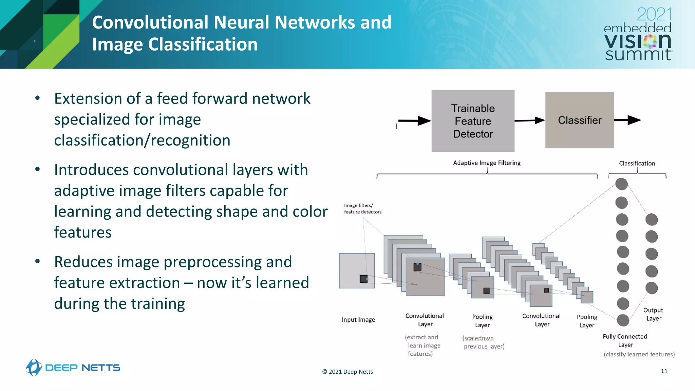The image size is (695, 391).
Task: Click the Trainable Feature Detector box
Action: pyautogui.click(x=473, y=121)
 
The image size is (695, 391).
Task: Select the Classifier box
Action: pyautogui.click(x=579, y=120)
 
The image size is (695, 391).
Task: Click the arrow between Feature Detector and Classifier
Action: pyautogui.click(x=530, y=120)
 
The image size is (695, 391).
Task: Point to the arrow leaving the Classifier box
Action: pyautogui.click(x=627, y=120)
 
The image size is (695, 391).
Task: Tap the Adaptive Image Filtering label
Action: pyautogui.click(x=487, y=163)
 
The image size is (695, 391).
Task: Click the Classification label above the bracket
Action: pyautogui.click(x=637, y=163)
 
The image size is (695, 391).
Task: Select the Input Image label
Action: pyautogui.click(x=358, y=320)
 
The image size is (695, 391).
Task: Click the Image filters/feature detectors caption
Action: pyautogui.click(x=362, y=208)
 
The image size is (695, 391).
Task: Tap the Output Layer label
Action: pyautogui.click(x=653, y=314)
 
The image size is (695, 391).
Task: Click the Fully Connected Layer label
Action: pyautogui.click(x=625, y=340)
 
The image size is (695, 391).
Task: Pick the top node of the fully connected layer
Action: pyautogui.click(x=621, y=184)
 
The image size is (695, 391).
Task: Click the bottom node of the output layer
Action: pyautogui.click(x=651, y=288)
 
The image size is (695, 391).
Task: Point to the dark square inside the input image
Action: pyautogui.click(x=363, y=279)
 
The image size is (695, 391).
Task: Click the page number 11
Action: pyautogui.click(x=664, y=371)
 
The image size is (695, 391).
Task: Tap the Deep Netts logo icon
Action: pyautogui.click(x=34, y=367)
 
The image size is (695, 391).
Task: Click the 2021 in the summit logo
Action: pyautogui.click(x=654, y=15)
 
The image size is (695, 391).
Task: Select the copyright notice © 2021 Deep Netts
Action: pyautogui.click(x=347, y=372)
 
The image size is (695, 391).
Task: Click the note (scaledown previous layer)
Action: pyautogui.click(x=483, y=342)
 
